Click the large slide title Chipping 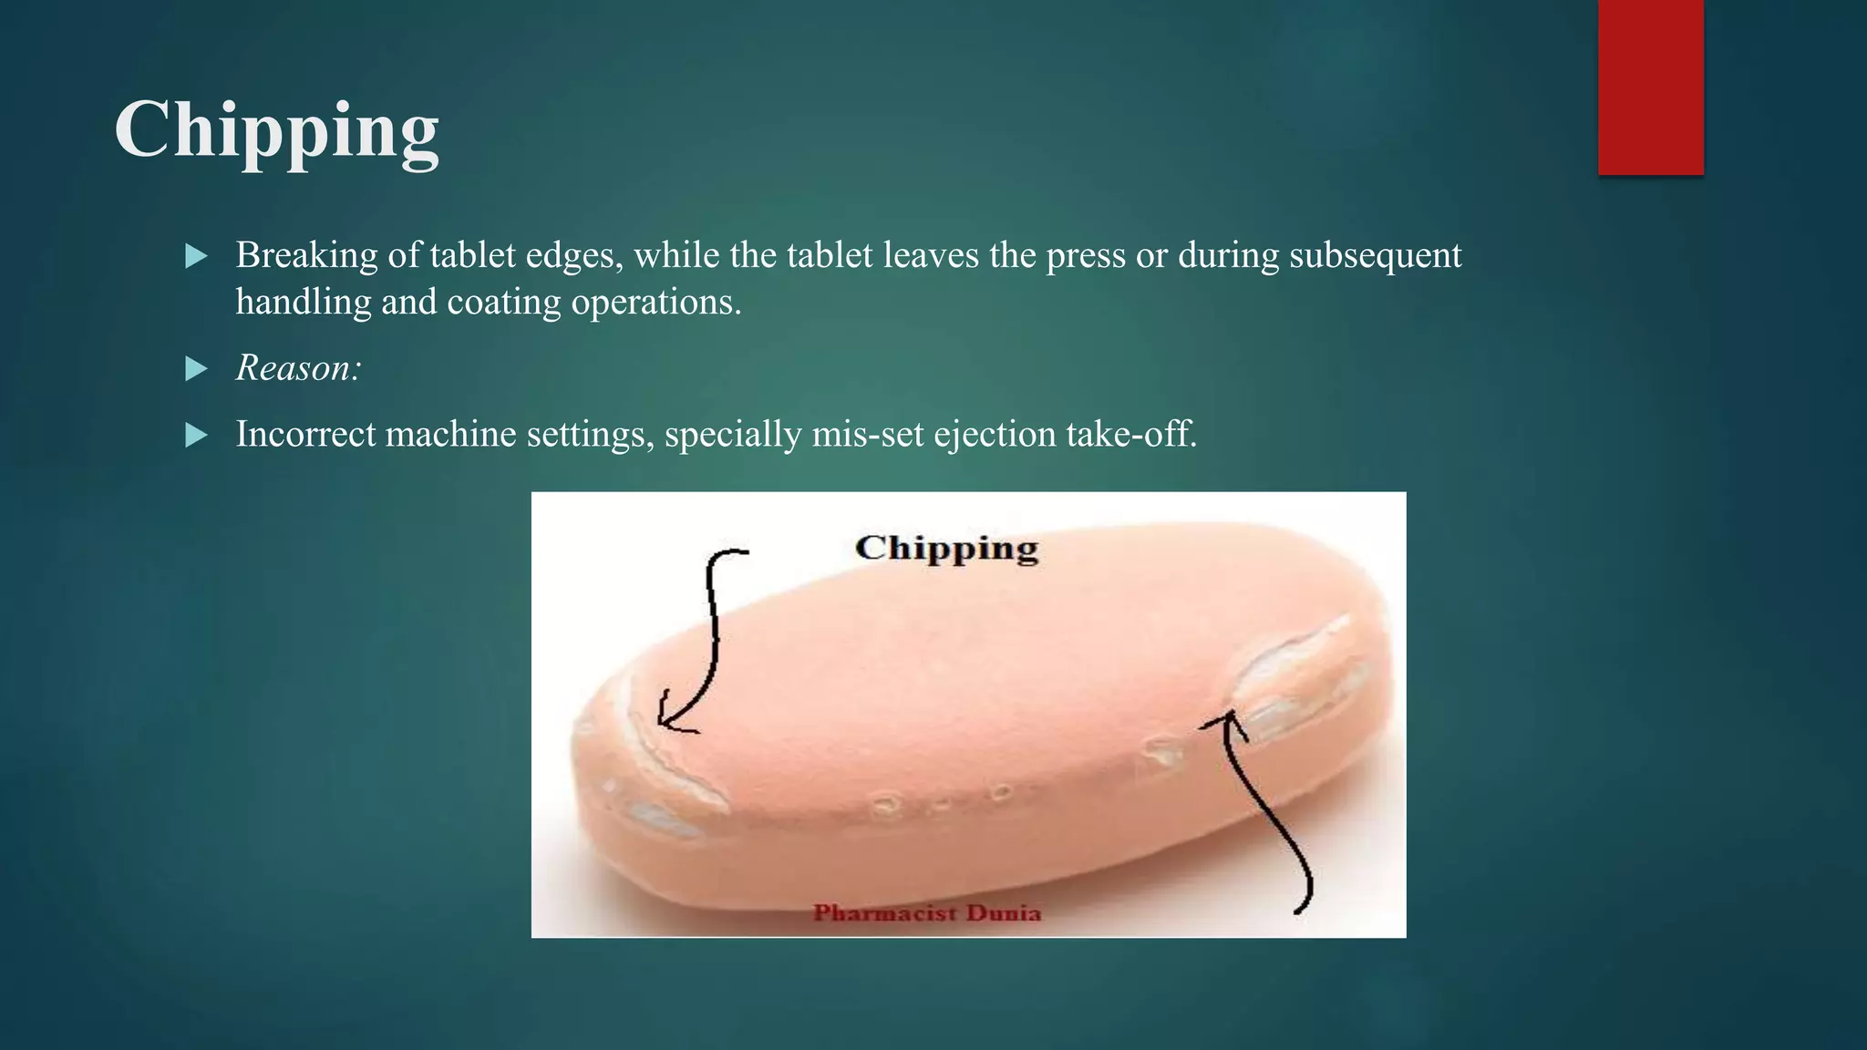(x=276, y=130)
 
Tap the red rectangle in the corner (x=1650, y=87)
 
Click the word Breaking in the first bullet (x=306, y=255)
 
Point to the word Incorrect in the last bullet (x=305, y=434)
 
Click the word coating (x=504, y=303)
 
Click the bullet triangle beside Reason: (x=196, y=369)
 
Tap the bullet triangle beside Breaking (x=196, y=256)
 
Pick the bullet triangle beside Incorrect (x=196, y=435)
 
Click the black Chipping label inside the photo (x=946, y=549)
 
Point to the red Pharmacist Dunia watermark (x=926, y=912)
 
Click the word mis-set (x=866, y=434)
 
